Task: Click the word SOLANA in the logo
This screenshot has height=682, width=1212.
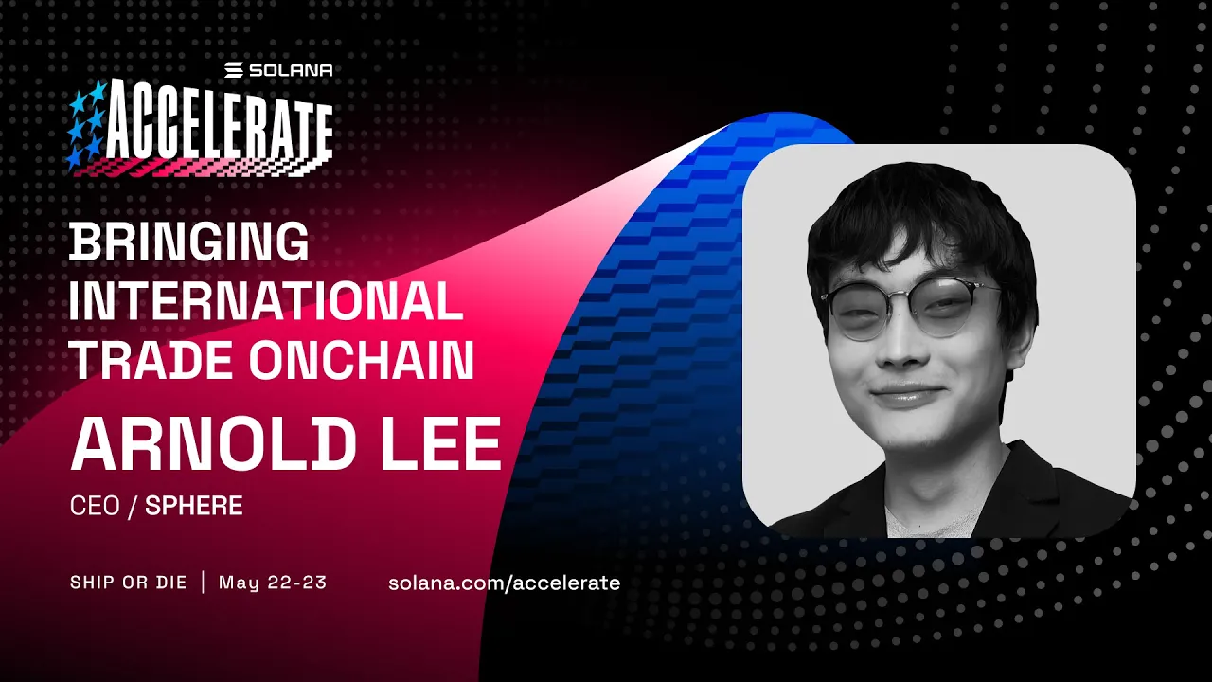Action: [x=291, y=70]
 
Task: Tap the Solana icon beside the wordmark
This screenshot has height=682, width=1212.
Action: [x=234, y=70]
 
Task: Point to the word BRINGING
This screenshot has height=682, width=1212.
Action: [x=189, y=243]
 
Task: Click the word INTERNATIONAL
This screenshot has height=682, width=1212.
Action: [x=266, y=302]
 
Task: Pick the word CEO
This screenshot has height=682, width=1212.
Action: [x=95, y=506]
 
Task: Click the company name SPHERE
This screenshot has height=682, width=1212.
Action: [x=194, y=506]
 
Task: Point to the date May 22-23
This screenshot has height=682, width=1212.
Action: [x=273, y=582]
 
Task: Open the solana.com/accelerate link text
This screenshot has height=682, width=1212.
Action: [x=504, y=583]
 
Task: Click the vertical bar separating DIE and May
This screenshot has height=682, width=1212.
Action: [x=203, y=582]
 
